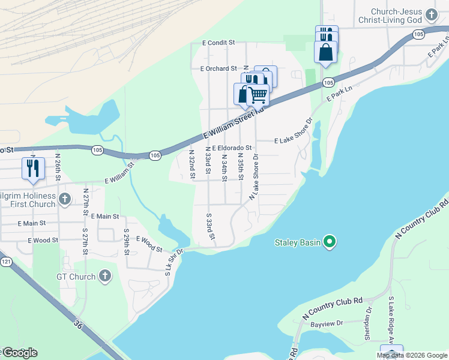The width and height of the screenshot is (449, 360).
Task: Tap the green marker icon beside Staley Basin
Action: (329, 242)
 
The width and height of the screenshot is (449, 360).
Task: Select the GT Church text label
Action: (76, 277)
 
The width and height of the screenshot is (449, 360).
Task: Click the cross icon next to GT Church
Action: (105, 277)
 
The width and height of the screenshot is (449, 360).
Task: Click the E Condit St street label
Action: (218, 43)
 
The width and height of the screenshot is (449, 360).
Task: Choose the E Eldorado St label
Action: (231, 147)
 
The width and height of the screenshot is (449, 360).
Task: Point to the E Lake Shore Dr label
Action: (294, 140)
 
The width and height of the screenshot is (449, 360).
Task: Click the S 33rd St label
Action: (210, 226)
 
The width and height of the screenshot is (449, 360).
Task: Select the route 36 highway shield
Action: (77, 324)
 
